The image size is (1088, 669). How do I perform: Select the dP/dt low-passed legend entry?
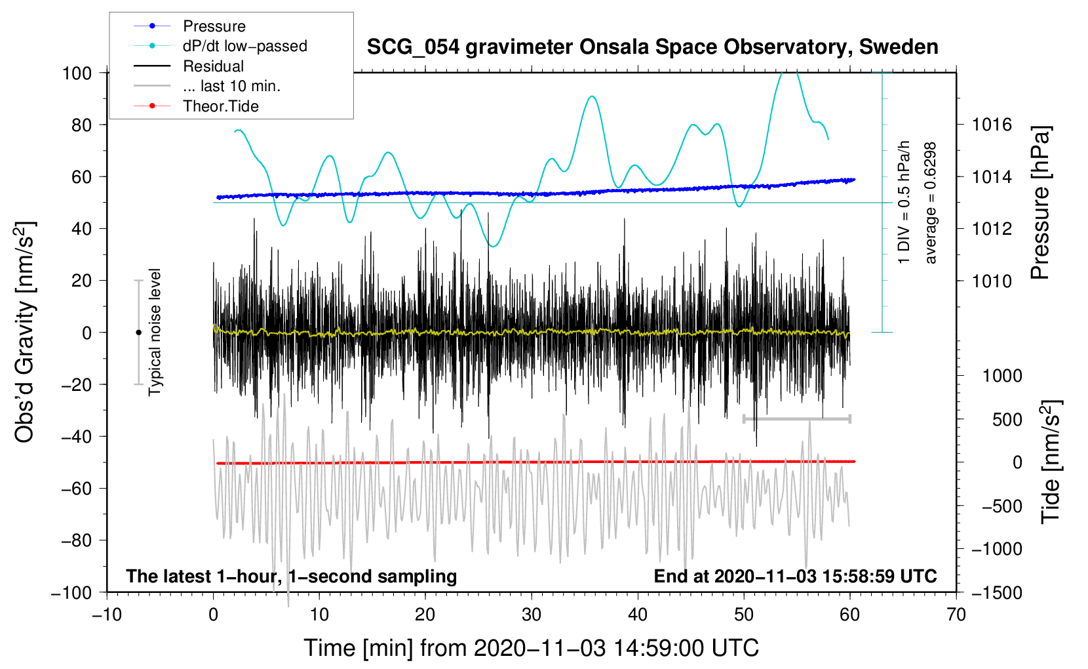[244, 46]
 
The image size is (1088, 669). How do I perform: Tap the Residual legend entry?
[213, 66]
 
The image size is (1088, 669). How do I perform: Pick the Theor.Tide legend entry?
[220, 106]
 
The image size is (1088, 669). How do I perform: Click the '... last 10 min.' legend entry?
[231, 86]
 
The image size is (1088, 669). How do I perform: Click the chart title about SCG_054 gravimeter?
[652, 47]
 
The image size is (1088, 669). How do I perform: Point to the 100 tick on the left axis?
[77, 73]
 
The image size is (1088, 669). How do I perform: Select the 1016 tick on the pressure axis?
[992, 125]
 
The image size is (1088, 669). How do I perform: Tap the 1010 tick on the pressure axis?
[992, 281]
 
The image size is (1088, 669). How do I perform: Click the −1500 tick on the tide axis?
[996, 592]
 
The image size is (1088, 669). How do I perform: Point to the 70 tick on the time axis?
[956, 615]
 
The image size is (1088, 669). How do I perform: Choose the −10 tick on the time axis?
[107, 615]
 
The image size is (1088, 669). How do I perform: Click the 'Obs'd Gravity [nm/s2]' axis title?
[25, 332]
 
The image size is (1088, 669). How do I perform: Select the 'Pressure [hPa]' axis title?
[1040, 203]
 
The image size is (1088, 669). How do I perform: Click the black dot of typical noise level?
[138, 333]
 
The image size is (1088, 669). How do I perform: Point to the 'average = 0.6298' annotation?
[930, 203]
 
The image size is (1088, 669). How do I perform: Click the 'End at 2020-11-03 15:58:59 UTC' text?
[795, 576]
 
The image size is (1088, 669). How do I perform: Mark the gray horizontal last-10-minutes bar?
[796, 418]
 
